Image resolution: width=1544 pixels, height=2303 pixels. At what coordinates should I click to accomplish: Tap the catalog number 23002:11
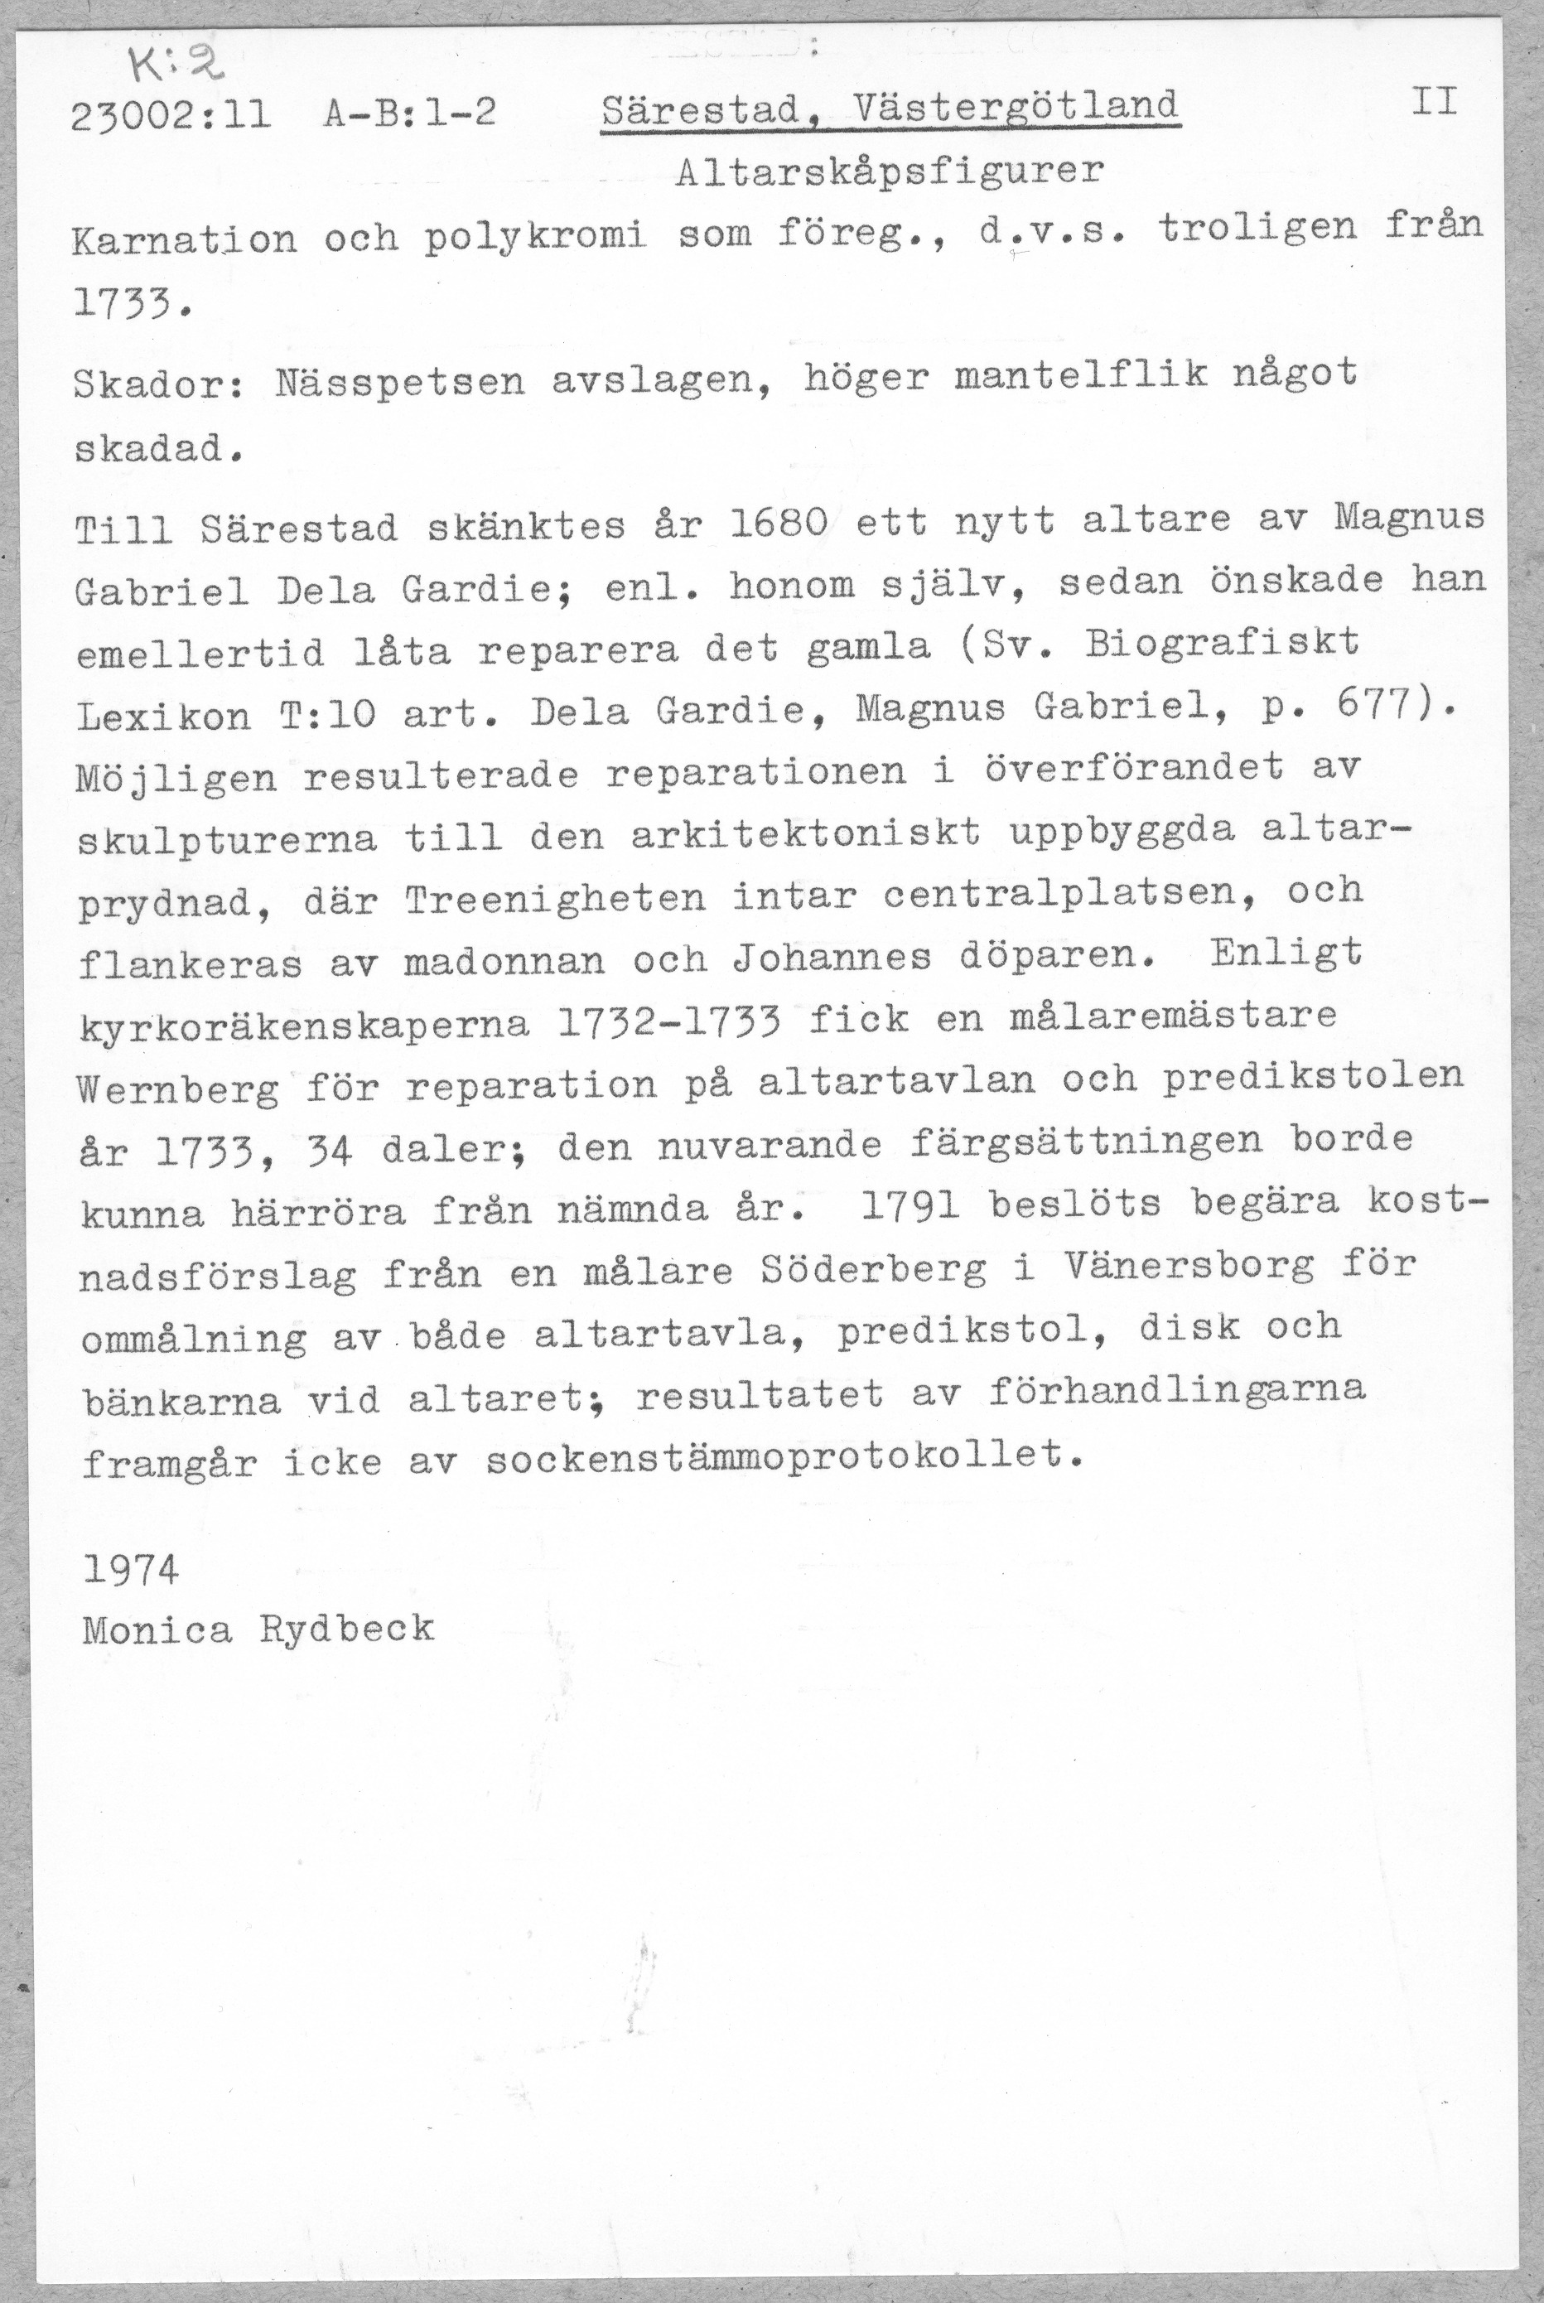click(171, 117)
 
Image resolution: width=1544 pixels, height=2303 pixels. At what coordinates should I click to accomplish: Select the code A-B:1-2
click(408, 115)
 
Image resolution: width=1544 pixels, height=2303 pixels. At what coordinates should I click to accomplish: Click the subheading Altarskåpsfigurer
click(890, 172)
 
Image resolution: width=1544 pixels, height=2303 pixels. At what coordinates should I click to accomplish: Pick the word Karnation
click(184, 239)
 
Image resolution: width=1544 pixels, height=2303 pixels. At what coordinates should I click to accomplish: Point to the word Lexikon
click(163, 715)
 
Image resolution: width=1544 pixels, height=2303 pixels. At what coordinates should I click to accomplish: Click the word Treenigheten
click(555, 897)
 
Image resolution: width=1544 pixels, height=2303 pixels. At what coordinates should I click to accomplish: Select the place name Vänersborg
click(1189, 1266)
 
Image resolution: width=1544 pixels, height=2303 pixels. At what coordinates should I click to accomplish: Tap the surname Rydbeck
click(345, 1629)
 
